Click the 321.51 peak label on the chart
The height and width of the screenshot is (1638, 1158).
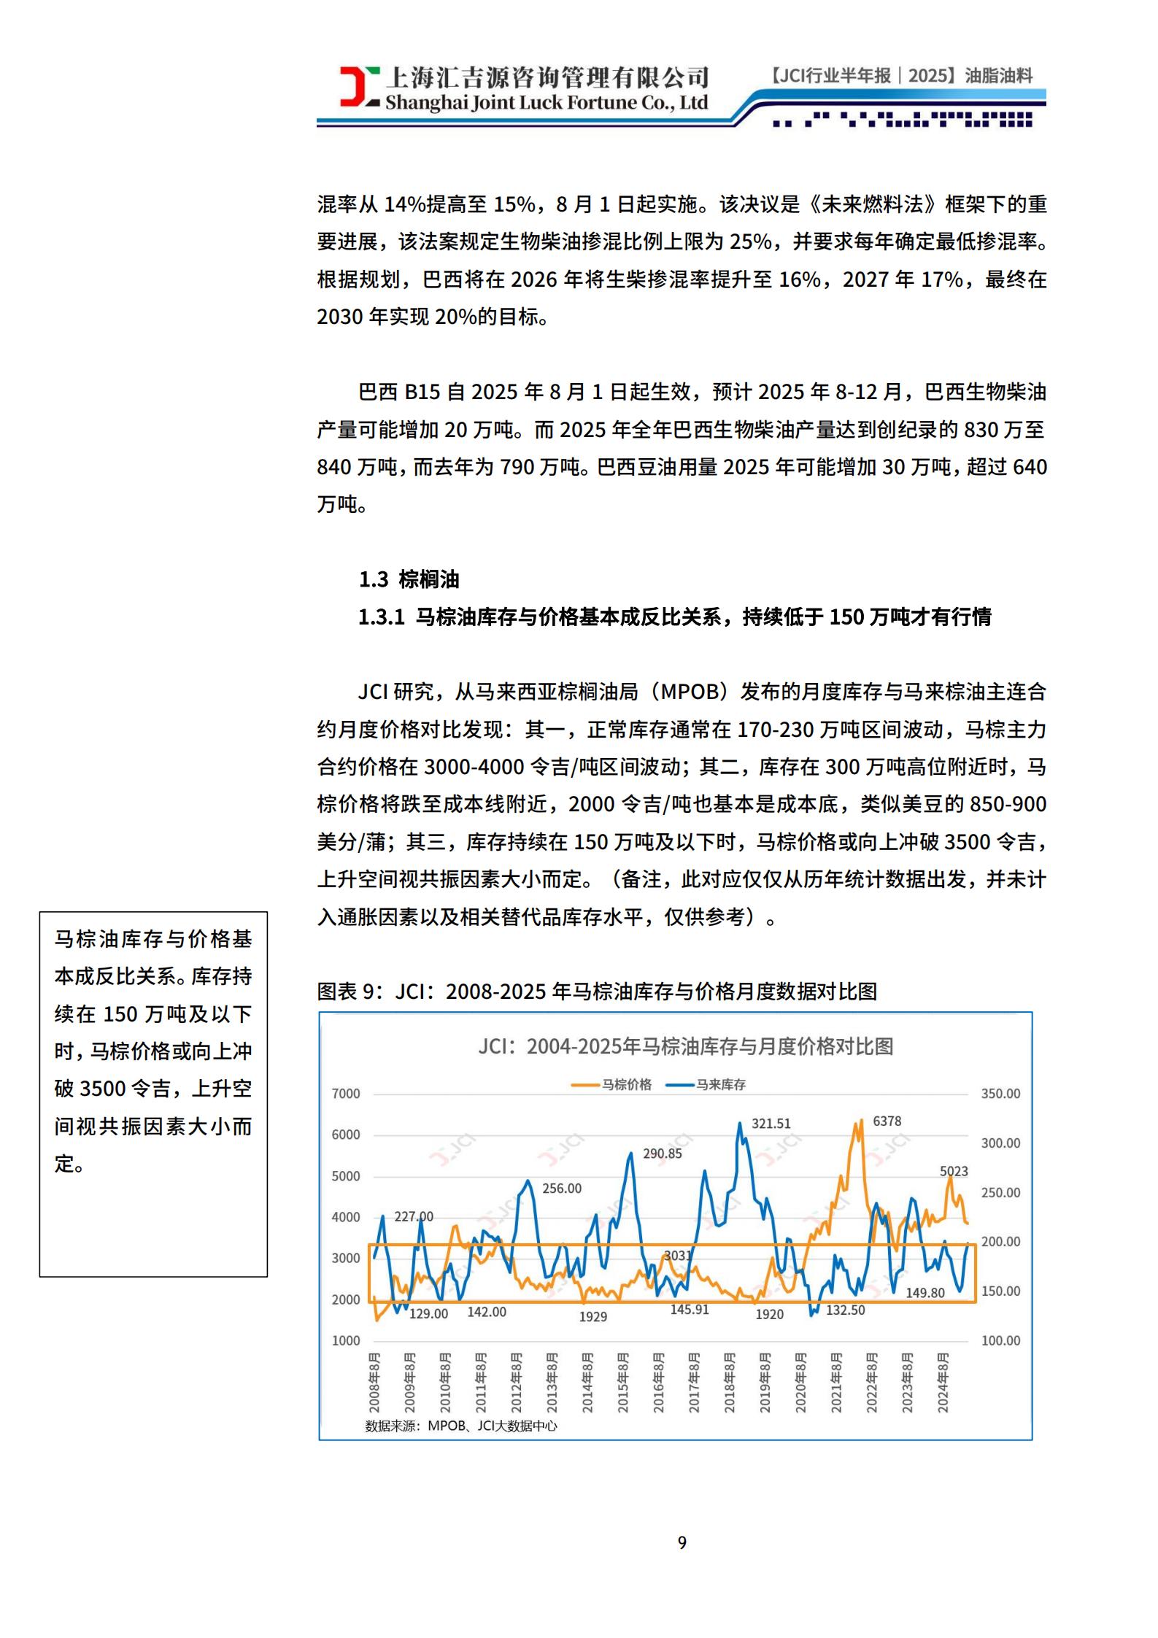tap(771, 1124)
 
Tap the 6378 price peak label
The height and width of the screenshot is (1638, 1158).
tap(887, 1121)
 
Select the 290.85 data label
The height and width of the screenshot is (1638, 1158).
tap(662, 1154)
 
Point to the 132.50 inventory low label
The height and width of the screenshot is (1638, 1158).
tap(845, 1310)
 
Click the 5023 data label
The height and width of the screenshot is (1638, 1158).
tap(954, 1171)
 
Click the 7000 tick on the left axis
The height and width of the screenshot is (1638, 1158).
tap(346, 1094)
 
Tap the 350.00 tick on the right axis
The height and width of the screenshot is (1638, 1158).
tap(1000, 1094)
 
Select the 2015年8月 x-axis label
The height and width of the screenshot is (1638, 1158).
tap(623, 1382)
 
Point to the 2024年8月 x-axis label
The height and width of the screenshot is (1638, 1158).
tap(943, 1382)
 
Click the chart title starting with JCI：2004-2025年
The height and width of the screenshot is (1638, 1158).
tap(685, 1047)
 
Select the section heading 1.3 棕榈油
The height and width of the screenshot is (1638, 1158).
tap(409, 580)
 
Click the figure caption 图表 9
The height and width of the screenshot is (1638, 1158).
tap(596, 992)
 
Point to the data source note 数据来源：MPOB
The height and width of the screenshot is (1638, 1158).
tap(460, 1426)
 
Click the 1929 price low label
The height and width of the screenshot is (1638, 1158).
tap(592, 1317)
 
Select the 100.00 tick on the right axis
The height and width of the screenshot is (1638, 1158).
tap(1000, 1340)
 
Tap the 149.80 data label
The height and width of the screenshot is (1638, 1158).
tap(925, 1293)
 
